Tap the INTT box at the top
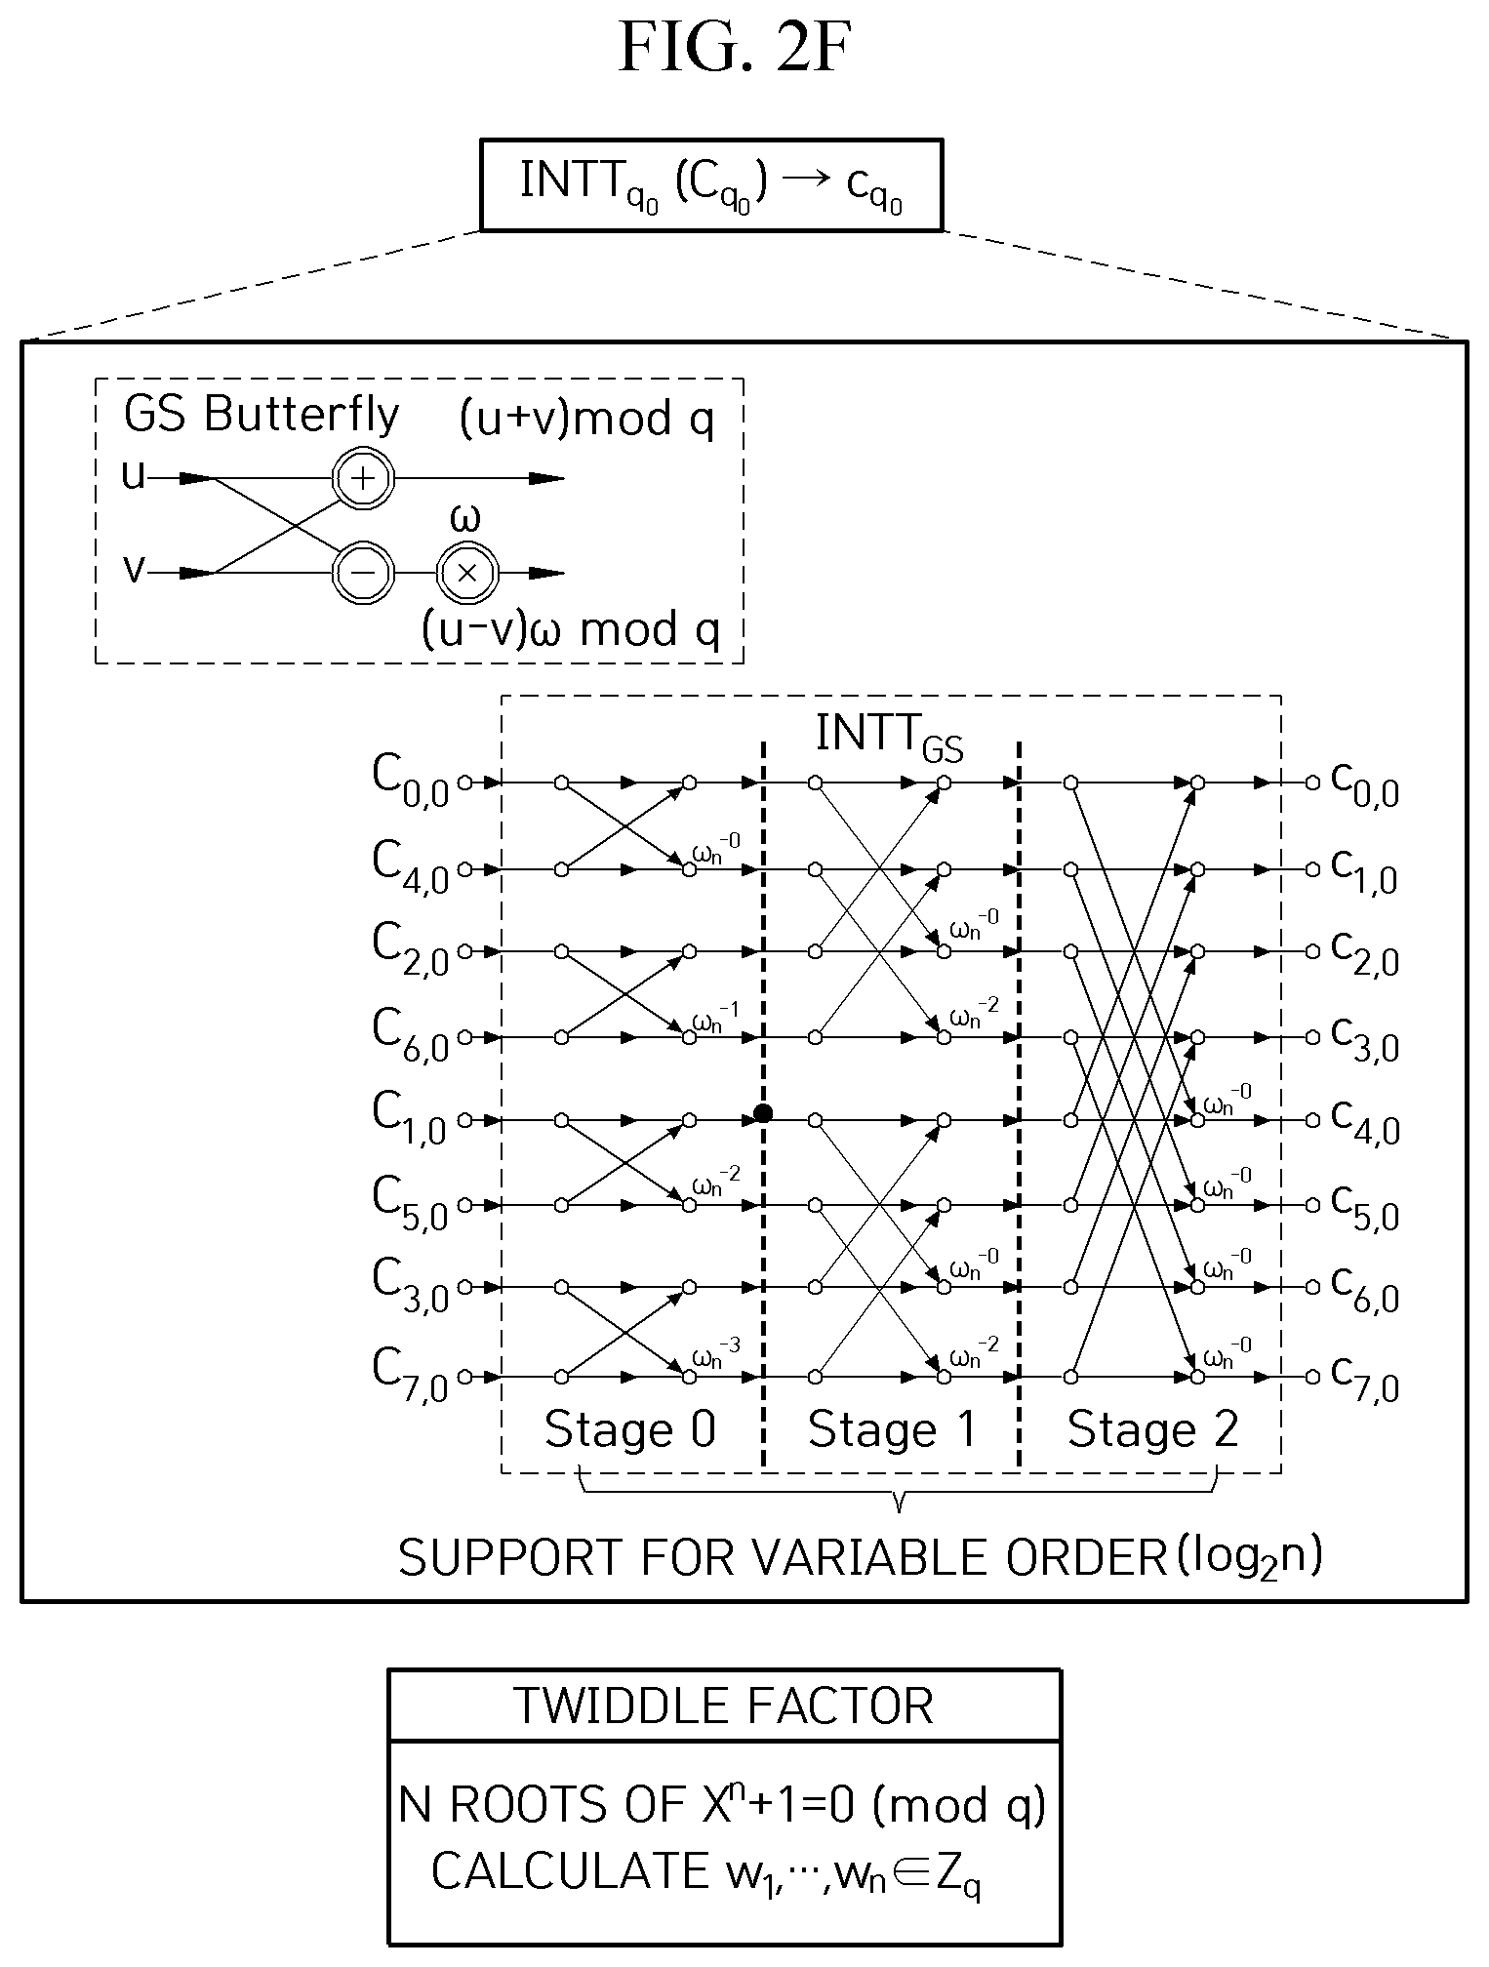click(711, 185)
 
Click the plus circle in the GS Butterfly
click(363, 478)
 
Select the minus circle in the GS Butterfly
click(363, 573)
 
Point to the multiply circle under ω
click(467, 573)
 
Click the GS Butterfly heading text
click(262, 415)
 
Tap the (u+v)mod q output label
click(586, 419)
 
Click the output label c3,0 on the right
click(1365, 1036)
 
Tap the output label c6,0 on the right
click(1365, 1288)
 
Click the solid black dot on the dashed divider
click(763, 1113)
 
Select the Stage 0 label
click(630, 1429)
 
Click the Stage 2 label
click(1152, 1429)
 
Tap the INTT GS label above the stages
click(889, 736)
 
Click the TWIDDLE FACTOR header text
click(724, 1705)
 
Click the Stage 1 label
click(892, 1429)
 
